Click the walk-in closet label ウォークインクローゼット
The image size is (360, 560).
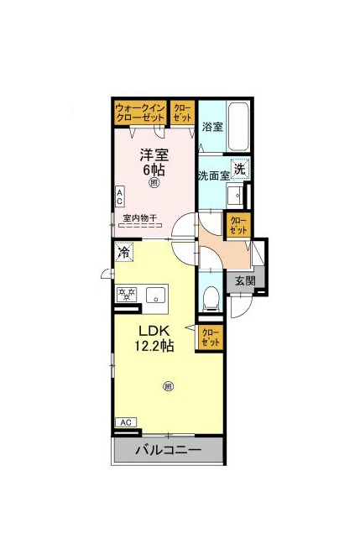pyautogui.click(x=140, y=113)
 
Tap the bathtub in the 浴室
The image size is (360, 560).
pyautogui.click(x=238, y=127)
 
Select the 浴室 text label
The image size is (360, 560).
pyautogui.click(x=212, y=127)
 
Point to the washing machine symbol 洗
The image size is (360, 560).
pyautogui.click(x=240, y=169)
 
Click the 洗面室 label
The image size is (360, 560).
pyautogui.click(x=214, y=175)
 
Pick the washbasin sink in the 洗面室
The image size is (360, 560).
pyautogui.click(x=236, y=195)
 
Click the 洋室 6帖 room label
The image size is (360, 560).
pyautogui.click(x=154, y=162)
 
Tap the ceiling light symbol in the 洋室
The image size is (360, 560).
pyautogui.click(x=154, y=183)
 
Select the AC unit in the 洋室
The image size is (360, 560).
pyautogui.click(x=119, y=196)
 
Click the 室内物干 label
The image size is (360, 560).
pyautogui.click(x=140, y=217)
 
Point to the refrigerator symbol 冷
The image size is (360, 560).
pyautogui.click(x=124, y=252)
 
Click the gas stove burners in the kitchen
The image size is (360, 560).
pyautogui.click(x=127, y=294)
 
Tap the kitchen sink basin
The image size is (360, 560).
pyautogui.click(x=156, y=295)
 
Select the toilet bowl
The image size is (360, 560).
pyautogui.click(x=211, y=297)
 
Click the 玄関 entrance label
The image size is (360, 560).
pyautogui.click(x=246, y=280)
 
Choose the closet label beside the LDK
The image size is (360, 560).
pyautogui.click(x=211, y=338)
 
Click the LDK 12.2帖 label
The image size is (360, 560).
pyautogui.click(x=154, y=339)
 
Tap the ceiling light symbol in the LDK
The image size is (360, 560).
pyautogui.click(x=168, y=386)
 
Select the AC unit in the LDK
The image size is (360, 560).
pyautogui.click(x=126, y=422)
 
